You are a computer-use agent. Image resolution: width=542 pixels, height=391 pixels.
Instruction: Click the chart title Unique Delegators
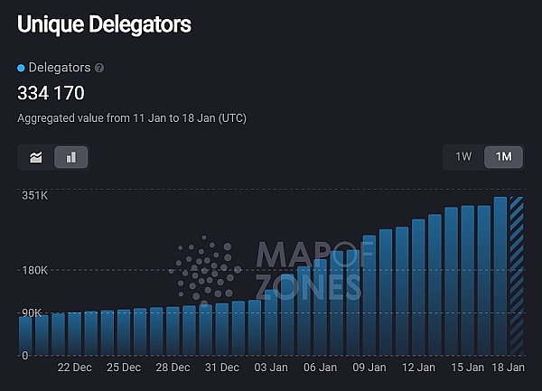click(104, 24)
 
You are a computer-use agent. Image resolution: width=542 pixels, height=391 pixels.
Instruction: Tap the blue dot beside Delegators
click(22, 68)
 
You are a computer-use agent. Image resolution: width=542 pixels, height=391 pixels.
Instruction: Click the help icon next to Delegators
click(99, 68)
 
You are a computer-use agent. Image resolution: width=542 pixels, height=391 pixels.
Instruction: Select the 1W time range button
click(463, 157)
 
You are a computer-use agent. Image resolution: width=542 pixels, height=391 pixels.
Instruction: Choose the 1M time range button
click(503, 157)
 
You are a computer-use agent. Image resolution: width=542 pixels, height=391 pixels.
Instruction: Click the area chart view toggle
click(36, 157)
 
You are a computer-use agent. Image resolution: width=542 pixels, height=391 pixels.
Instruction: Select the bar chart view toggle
click(71, 157)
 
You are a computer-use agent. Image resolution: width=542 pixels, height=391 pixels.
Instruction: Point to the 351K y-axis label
click(35, 196)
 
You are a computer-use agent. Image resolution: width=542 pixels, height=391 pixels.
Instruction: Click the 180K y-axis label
click(35, 270)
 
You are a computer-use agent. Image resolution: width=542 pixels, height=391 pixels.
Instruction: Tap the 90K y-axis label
click(33, 312)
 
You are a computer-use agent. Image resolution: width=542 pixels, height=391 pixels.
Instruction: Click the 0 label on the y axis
click(26, 356)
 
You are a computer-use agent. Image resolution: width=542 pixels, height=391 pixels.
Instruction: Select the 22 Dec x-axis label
click(75, 368)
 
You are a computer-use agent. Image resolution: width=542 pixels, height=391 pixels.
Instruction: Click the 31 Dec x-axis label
click(222, 368)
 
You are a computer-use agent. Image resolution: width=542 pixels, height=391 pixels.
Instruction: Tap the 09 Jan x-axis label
click(369, 368)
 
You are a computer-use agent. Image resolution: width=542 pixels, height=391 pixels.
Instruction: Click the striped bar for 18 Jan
click(517, 275)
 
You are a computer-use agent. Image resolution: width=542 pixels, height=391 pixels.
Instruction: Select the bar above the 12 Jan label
click(418, 287)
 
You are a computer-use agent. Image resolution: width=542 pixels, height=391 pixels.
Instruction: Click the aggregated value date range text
click(132, 118)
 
